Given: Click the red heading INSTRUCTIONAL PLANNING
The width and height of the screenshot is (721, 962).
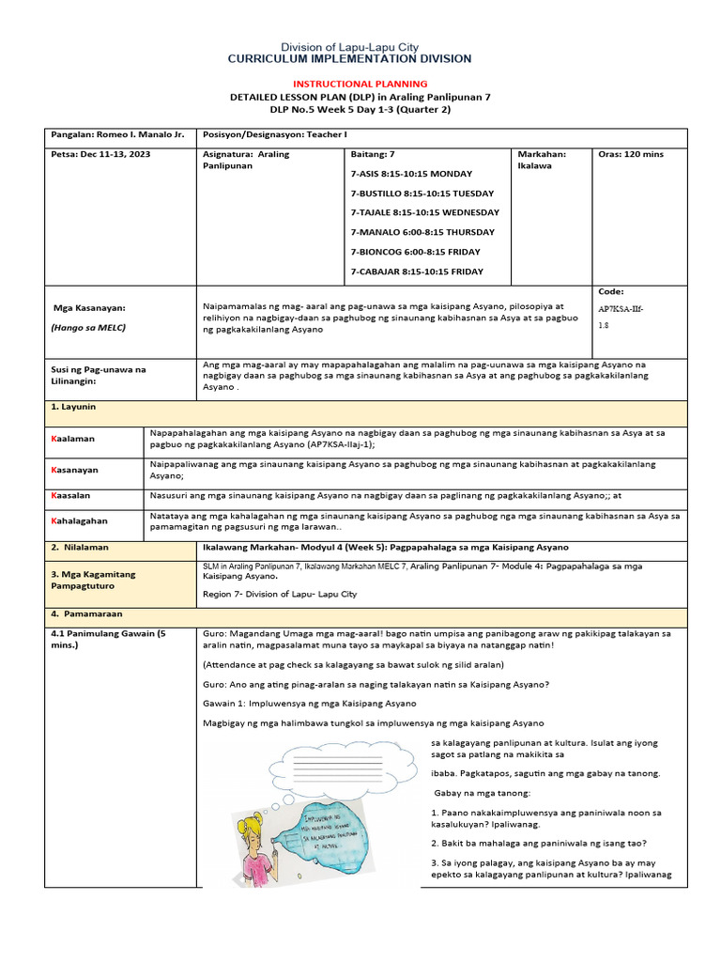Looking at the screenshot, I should (x=360, y=84).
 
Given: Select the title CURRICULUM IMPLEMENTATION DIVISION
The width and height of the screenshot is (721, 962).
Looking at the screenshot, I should (x=350, y=59).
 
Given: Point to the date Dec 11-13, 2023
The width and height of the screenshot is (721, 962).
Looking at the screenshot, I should (x=100, y=154).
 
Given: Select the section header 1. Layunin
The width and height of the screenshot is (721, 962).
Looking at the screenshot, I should (x=73, y=408).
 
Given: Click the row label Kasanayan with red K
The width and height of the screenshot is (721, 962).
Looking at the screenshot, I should (x=75, y=469).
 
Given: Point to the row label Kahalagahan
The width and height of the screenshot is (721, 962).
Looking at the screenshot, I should (x=80, y=520).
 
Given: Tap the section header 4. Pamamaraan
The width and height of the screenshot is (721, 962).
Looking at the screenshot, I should (x=83, y=613).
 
